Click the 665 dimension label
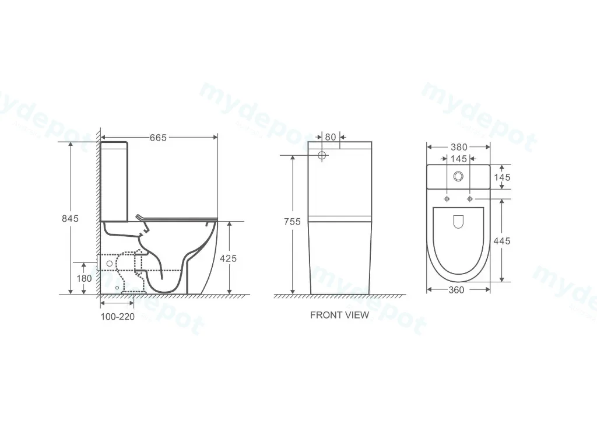click(x=158, y=138)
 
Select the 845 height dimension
click(x=70, y=218)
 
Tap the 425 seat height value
click(x=228, y=258)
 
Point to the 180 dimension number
click(x=84, y=278)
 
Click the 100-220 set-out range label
click(x=118, y=317)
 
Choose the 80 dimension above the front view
click(x=331, y=136)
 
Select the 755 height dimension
click(x=292, y=221)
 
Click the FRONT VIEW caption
click(x=340, y=315)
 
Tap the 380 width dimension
click(x=459, y=147)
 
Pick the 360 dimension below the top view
click(x=456, y=290)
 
